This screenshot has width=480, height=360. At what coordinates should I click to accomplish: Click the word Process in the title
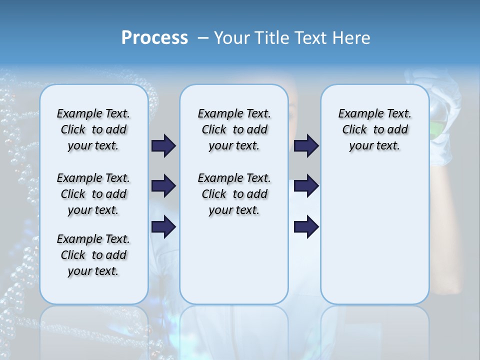point(154,38)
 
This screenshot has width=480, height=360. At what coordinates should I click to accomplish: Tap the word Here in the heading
point(351,38)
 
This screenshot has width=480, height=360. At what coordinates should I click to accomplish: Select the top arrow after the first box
point(164,145)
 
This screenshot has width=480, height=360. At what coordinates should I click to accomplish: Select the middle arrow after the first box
point(164,186)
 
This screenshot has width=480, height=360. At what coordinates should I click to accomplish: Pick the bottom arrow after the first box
point(164,227)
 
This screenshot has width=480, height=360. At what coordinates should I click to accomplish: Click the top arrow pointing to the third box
point(306,145)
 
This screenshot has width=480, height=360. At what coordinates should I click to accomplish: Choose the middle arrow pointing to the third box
point(306,186)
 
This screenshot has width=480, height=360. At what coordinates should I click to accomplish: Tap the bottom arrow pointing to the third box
point(306,227)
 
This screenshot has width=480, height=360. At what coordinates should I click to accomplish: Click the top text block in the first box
point(93,129)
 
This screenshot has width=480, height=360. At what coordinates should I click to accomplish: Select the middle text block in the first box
point(93,194)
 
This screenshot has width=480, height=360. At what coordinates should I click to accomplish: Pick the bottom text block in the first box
point(93,255)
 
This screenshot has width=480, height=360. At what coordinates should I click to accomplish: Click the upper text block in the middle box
point(234,129)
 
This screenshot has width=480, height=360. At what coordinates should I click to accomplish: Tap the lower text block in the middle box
point(234,194)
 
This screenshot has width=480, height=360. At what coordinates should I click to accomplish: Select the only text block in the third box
point(374,129)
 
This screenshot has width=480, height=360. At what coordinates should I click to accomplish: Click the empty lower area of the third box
point(374,235)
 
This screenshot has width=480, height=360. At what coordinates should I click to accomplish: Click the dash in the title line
point(203,38)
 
